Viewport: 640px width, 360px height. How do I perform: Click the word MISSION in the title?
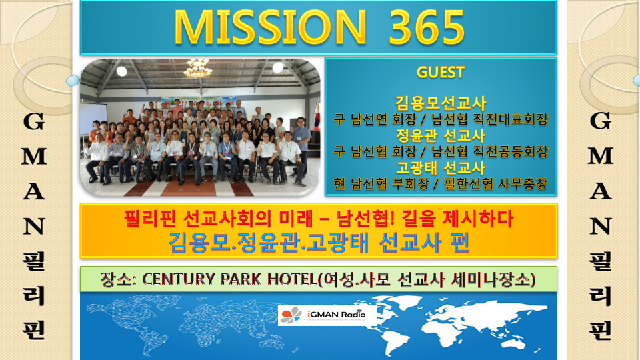click(x=270, y=27)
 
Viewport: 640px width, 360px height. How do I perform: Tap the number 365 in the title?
click(x=426, y=27)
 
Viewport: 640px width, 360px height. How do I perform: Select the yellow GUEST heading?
click(x=441, y=72)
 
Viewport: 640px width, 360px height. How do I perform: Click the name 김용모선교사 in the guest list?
click(x=441, y=103)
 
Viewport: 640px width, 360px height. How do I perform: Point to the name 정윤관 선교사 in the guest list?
click(x=441, y=135)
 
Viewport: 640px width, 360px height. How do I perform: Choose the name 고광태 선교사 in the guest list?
click(x=441, y=168)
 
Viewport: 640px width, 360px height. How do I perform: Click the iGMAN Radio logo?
click(x=323, y=315)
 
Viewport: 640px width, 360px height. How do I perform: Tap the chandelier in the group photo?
click(x=198, y=68)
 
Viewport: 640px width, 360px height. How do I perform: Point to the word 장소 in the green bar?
click(x=116, y=279)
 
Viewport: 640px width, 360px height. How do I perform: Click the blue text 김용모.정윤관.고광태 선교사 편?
click(x=319, y=243)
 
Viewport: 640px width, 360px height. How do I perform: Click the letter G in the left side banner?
click(x=33, y=121)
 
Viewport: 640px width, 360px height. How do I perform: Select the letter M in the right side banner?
click(x=601, y=156)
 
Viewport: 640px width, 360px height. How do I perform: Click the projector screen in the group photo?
click(x=93, y=119)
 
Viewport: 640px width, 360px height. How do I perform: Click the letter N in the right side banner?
click(x=601, y=226)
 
